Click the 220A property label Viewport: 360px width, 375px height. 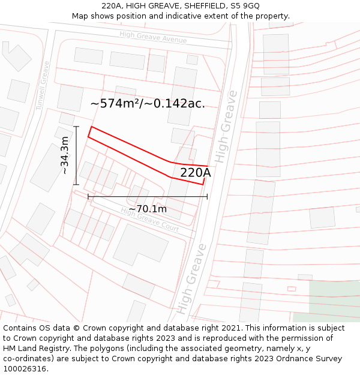pyautogui.click(x=196, y=173)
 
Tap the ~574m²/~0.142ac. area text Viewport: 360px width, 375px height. pyautogui.click(x=148, y=103)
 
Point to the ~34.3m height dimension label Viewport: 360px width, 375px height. pyautogui.click(x=65, y=155)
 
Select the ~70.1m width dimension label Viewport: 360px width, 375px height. pyautogui.click(x=148, y=209)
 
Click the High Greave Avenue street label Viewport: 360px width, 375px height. pyautogui.click(x=153, y=37)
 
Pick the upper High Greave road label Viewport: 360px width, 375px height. pyautogui.click(x=226, y=127)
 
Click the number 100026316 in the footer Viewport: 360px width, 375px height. pyautogui.click(x=26, y=368)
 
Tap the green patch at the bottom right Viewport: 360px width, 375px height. pyautogui.click(x=334, y=300)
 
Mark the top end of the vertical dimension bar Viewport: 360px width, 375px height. pyautogui.click(x=77, y=127)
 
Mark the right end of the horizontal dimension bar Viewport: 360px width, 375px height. pyautogui.click(x=207, y=196)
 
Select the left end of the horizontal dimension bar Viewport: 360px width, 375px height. pyautogui.click(x=88, y=196)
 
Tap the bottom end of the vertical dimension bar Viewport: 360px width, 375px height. pyautogui.click(x=77, y=184)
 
